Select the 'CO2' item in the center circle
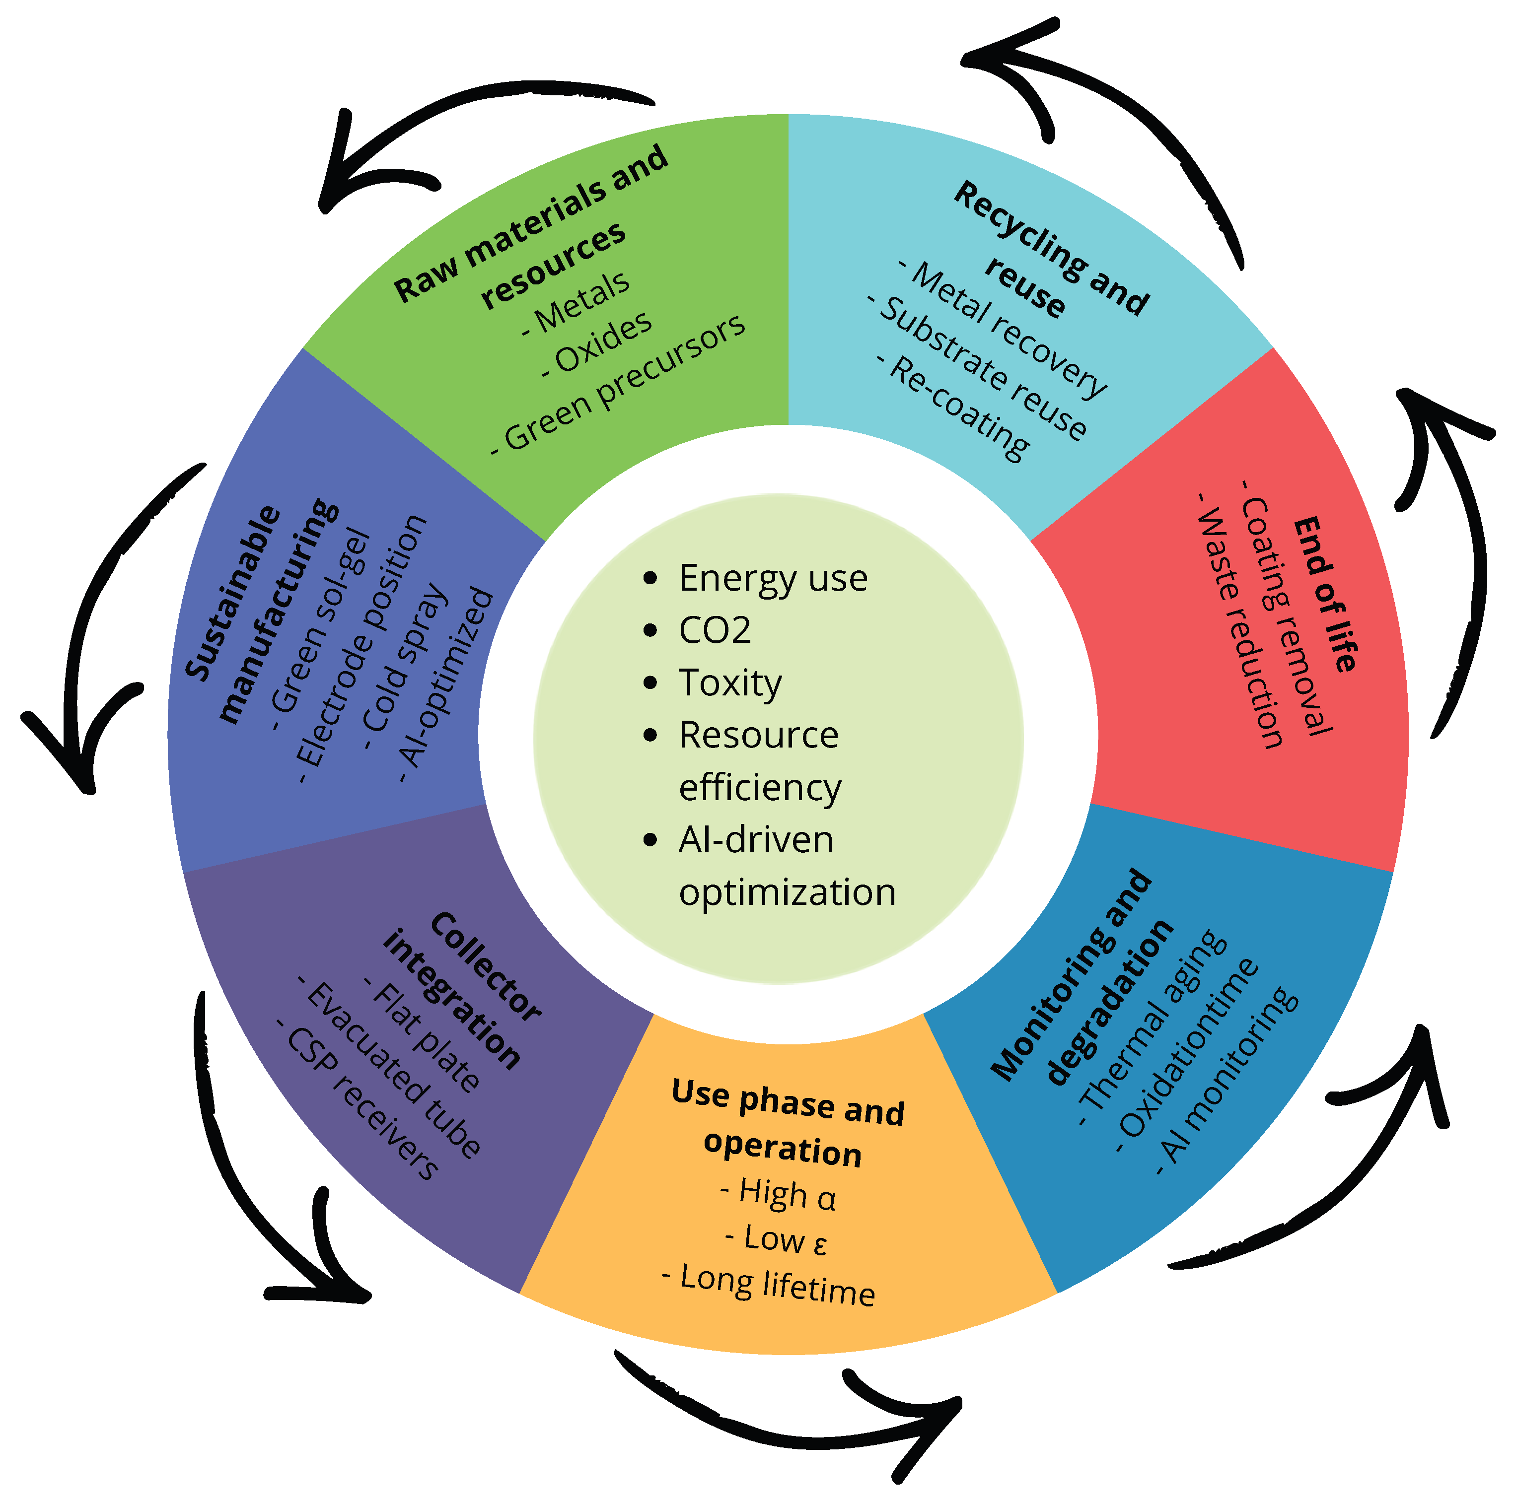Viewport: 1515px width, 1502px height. [715, 631]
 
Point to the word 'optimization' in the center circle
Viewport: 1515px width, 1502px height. [788, 893]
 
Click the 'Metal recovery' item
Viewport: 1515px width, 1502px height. [1004, 329]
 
